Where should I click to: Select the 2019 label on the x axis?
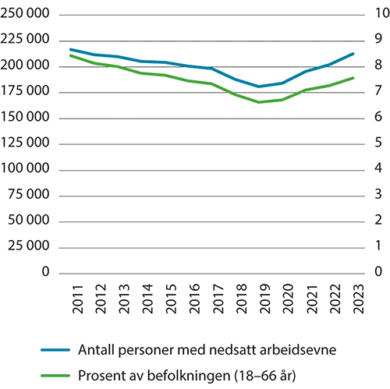(260, 301)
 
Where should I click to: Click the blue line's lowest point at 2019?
(260, 87)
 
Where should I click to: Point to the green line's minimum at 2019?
(260, 102)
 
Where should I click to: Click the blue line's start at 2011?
(70, 49)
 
